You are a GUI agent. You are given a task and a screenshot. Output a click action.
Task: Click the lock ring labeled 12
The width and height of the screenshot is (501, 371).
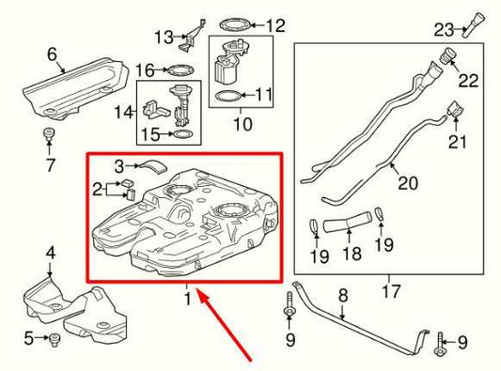click(228, 23)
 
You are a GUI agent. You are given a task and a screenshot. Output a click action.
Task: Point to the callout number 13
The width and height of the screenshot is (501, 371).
click(164, 38)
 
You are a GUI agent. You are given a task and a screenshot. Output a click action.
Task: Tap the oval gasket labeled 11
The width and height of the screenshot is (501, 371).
click(227, 95)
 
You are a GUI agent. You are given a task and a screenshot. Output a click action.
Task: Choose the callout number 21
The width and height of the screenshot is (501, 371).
click(458, 142)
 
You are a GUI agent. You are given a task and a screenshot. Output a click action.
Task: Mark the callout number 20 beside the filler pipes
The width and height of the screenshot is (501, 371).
click(407, 184)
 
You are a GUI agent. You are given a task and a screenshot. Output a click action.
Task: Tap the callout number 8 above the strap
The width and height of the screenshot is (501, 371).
click(343, 294)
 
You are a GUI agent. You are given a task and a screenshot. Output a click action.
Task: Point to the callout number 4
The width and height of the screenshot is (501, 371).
click(51, 252)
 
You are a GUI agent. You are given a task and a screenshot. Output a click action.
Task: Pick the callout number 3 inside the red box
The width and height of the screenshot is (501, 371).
click(120, 166)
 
